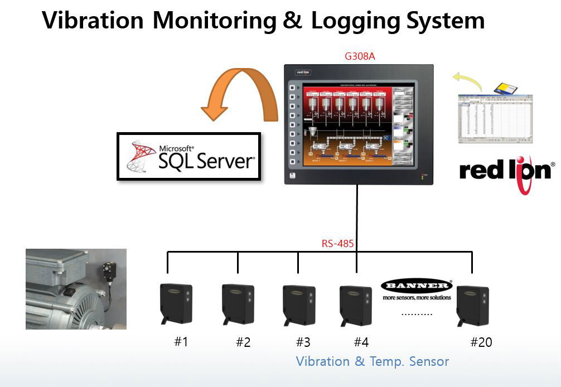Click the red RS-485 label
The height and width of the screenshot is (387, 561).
pyautogui.click(x=337, y=243)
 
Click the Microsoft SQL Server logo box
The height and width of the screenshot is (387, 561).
pyautogui.click(x=188, y=156)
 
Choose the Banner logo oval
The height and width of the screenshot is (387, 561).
pyautogui.click(x=417, y=286)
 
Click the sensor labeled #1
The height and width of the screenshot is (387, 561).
pyautogui.click(x=176, y=303)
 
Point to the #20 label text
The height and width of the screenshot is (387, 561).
pyautogui.click(x=481, y=342)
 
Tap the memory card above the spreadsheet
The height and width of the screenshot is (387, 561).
pyautogui.click(x=506, y=87)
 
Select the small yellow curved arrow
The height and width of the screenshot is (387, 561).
pyautogui.click(x=467, y=80)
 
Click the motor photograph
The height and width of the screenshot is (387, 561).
pyautogui.click(x=76, y=289)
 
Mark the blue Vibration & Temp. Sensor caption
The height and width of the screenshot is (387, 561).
pyautogui.click(x=372, y=361)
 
